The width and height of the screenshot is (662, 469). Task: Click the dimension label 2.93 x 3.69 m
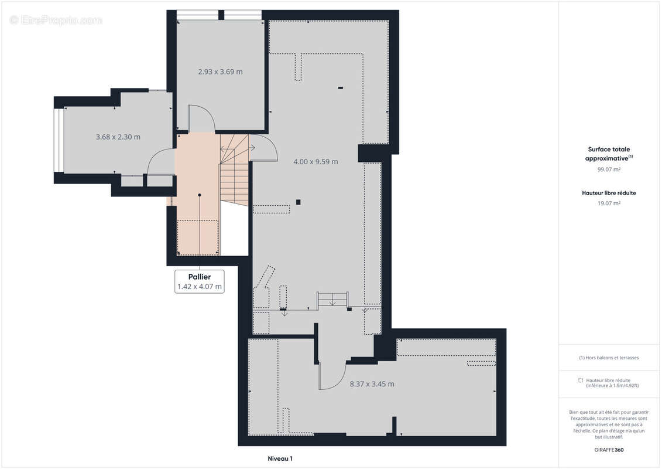[x=221, y=72]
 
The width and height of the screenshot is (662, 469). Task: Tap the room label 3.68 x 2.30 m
[x=118, y=137]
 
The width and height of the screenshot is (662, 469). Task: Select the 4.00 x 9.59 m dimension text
[x=315, y=162]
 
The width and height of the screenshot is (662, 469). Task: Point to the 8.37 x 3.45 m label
[x=372, y=384]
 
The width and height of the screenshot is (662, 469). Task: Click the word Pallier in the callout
[x=199, y=277]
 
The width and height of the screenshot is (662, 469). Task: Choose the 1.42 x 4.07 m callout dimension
[x=199, y=287]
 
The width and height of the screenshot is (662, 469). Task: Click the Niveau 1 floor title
[x=280, y=458]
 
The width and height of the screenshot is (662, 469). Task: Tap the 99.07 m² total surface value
[x=609, y=169]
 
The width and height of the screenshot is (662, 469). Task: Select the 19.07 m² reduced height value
[x=609, y=203]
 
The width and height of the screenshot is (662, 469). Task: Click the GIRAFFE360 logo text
[x=609, y=450]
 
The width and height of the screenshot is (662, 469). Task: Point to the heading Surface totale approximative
[x=609, y=154]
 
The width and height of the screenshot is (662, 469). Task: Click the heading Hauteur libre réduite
[x=609, y=193]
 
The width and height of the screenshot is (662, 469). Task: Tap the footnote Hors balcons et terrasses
[x=609, y=358]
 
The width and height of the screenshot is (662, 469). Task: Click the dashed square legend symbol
[x=581, y=380]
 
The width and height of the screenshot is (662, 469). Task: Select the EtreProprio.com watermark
[x=56, y=20]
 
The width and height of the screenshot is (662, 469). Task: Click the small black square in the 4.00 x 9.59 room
[x=298, y=202]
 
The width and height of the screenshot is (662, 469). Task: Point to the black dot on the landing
[x=200, y=195]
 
